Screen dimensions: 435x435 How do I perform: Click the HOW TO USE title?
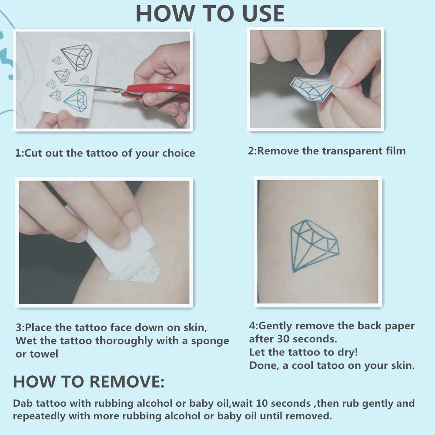tap(210, 13)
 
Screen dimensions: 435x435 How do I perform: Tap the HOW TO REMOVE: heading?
tap(89, 381)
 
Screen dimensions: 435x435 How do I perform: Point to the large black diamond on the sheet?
tap(77, 57)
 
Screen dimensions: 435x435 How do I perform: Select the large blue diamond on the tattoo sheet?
tap(76, 100)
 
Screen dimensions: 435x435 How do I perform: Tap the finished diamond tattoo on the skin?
tap(314, 246)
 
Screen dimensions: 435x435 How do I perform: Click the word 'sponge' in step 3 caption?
tap(208, 341)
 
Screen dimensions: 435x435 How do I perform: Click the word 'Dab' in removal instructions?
tap(22, 403)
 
